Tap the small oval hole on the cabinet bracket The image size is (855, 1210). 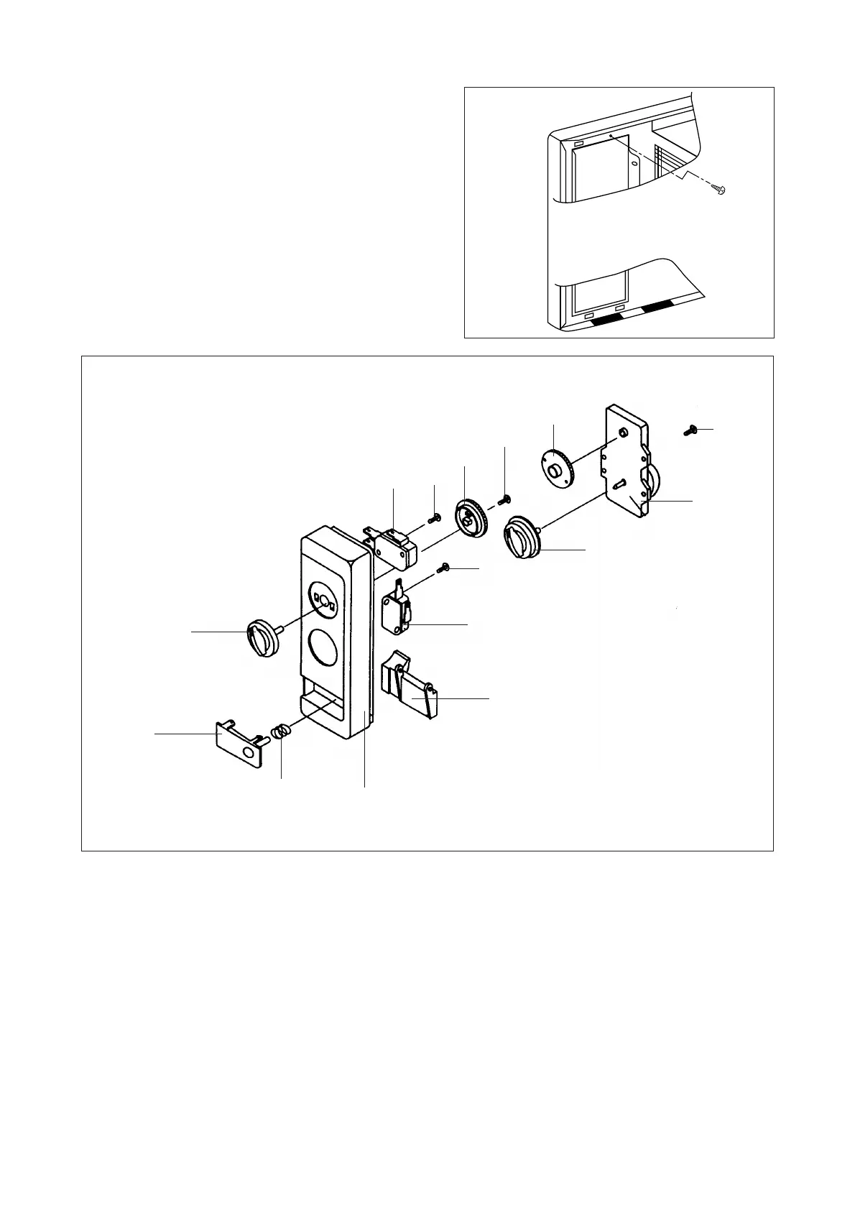634,163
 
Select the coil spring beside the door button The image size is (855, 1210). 280,733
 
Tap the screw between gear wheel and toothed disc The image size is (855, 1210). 505,499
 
